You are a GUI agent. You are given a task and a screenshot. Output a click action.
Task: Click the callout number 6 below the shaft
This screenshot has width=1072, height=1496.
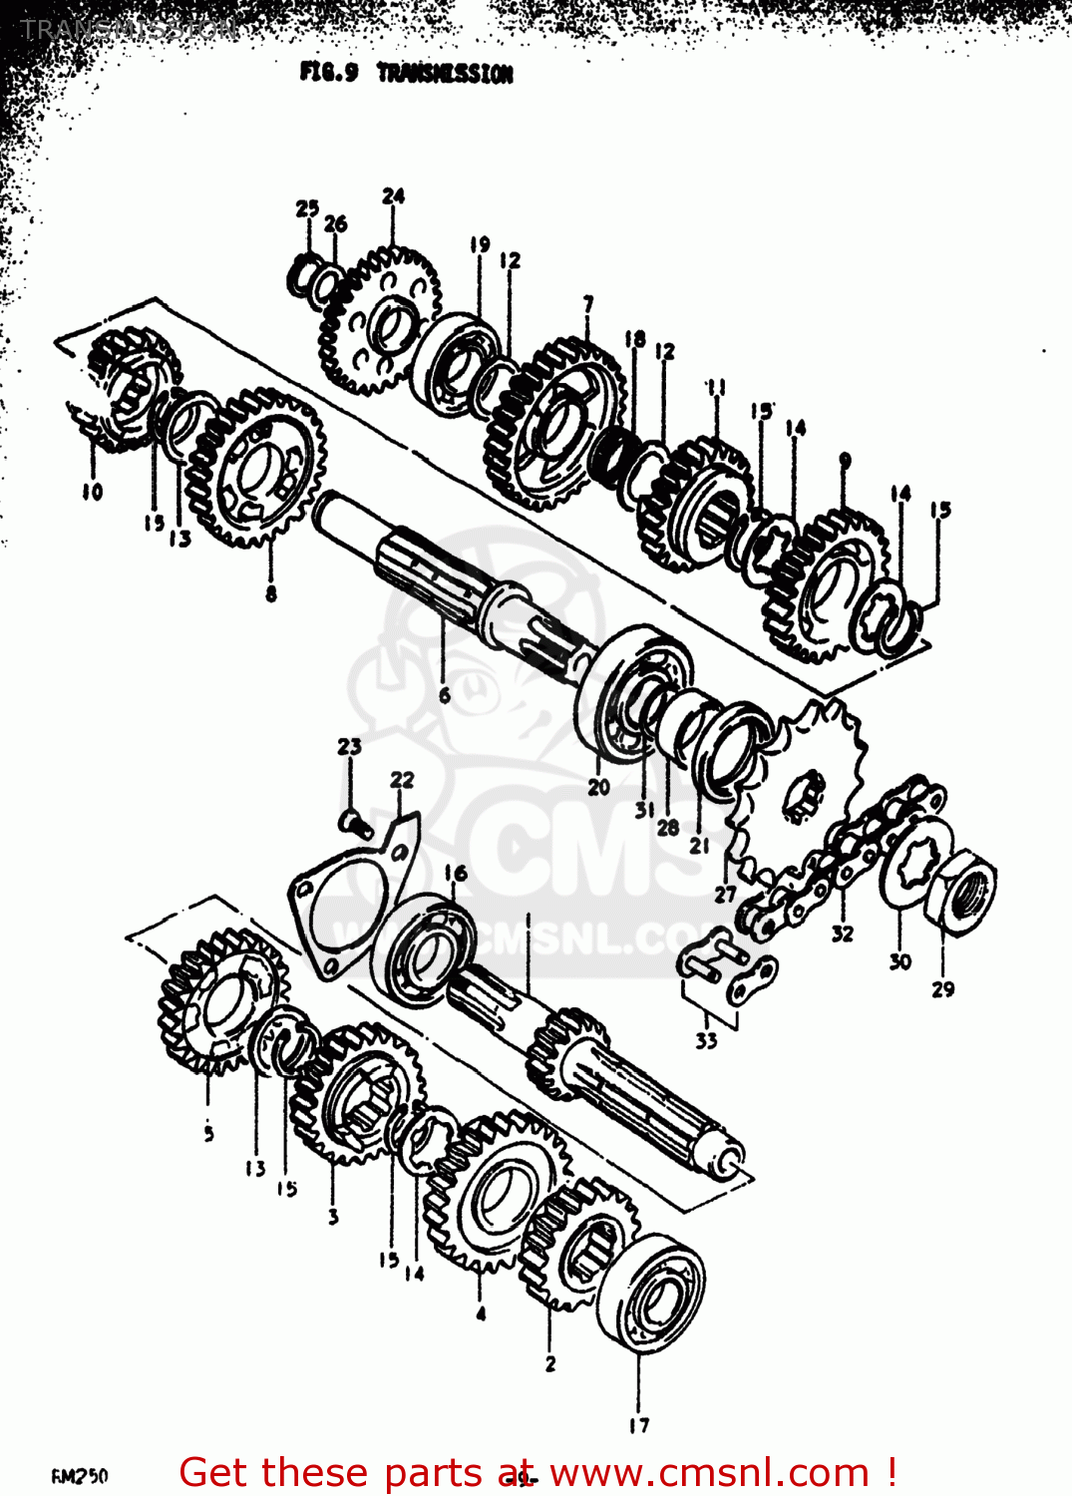445,694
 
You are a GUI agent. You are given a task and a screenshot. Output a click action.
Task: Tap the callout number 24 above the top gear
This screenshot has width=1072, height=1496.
393,195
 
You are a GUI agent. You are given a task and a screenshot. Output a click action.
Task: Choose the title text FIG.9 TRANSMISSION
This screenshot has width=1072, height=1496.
406,73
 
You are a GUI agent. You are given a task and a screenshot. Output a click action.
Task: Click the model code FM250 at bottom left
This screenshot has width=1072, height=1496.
80,1476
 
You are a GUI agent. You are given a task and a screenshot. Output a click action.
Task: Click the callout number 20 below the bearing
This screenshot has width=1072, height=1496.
598,787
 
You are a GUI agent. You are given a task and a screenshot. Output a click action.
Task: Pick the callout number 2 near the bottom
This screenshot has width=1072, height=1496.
550,1363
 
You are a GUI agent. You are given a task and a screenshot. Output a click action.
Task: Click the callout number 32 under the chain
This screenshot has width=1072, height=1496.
843,934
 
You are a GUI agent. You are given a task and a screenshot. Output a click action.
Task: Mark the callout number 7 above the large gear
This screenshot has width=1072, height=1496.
588,303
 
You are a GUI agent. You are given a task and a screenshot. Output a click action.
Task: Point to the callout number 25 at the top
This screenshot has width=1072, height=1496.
307,207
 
